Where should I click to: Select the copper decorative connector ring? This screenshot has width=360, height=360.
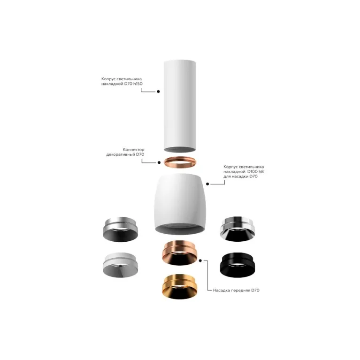point(180,162)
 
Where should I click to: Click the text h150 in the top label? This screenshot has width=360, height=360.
point(137,84)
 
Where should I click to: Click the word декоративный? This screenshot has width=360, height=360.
point(123,154)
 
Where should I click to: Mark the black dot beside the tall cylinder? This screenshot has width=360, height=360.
point(158,92)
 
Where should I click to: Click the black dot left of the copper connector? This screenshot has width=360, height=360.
point(158,162)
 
